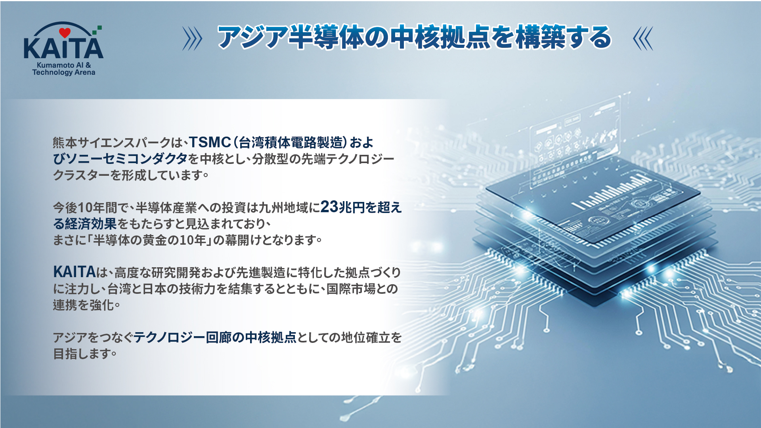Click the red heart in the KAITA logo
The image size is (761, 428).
click(65, 32)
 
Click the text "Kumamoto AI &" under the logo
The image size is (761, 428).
click(64, 65)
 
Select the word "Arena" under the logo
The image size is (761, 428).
click(85, 72)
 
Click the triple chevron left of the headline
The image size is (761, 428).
click(192, 38)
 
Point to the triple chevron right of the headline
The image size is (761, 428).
click(643, 38)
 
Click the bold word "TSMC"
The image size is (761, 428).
click(210, 142)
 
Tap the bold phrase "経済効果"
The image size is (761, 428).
click(91, 224)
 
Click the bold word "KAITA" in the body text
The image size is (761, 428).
click(75, 272)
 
